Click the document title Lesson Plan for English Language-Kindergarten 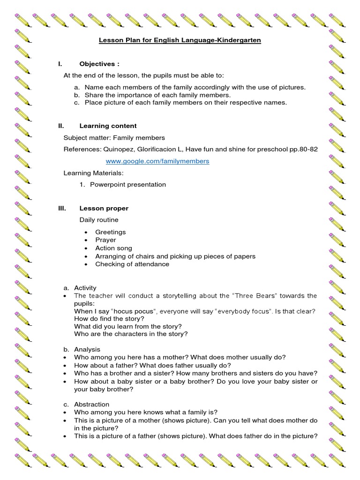pyautogui.click(x=180, y=40)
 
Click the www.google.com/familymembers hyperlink pyautogui.click(x=157, y=161)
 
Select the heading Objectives pyautogui.click(x=97, y=64)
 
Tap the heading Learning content pyautogui.click(x=108, y=126)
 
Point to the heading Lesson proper pyautogui.click(x=104, y=208)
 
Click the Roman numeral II pyautogui.click(x=60, y=126)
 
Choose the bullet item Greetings pyautogui.click(x=110, y=232)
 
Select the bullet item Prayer pyautogui.click(x=105, y=240)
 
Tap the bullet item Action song pyautogui.click(x=113, y=248)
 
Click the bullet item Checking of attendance pyautogui.click(x=132, y=264)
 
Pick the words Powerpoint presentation pyautogui.click(x=128, y=185)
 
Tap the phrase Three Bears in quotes pyautogui.click(x=250, y=296)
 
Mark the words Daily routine pyautogui.click(x=99, y=220)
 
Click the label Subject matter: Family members pyautogui.click(x=114, y=138)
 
